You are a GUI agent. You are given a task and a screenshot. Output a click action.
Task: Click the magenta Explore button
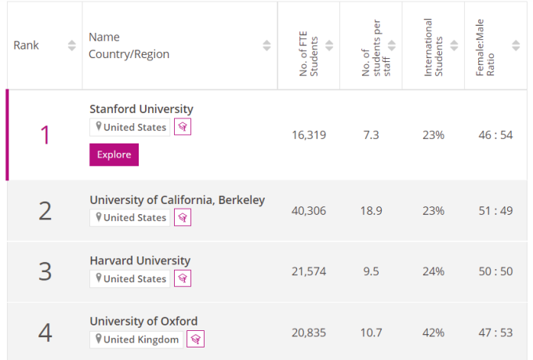(114, 155)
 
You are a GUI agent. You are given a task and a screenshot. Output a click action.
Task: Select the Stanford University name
(141, 109)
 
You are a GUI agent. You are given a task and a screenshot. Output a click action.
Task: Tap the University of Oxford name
(143, 321)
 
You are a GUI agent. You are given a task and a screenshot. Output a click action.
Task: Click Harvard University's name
(140, 260)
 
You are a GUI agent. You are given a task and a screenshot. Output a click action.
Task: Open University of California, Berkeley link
(177, 200)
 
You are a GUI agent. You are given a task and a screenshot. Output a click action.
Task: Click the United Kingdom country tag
(136, 339)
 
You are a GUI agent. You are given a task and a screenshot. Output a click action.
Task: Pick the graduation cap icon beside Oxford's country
(195, 339)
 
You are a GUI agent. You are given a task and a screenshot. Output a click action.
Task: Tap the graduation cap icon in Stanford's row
(183, 127)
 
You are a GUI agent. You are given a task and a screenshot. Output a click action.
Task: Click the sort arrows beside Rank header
(72, 45)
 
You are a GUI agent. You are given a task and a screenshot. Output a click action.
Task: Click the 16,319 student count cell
(308, 135)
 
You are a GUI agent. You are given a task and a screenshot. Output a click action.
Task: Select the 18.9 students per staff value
(371, 211)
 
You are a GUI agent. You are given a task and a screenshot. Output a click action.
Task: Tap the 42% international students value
(433, 333)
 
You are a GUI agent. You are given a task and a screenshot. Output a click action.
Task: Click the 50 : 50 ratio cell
(495, 271)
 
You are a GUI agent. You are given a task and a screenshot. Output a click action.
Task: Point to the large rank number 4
(45, 333)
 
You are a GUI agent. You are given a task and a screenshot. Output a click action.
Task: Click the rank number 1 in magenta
(45, 135)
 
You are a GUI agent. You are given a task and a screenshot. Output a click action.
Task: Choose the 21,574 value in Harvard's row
(308, 271)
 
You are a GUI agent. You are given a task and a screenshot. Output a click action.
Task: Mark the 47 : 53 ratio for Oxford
(495, 333)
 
